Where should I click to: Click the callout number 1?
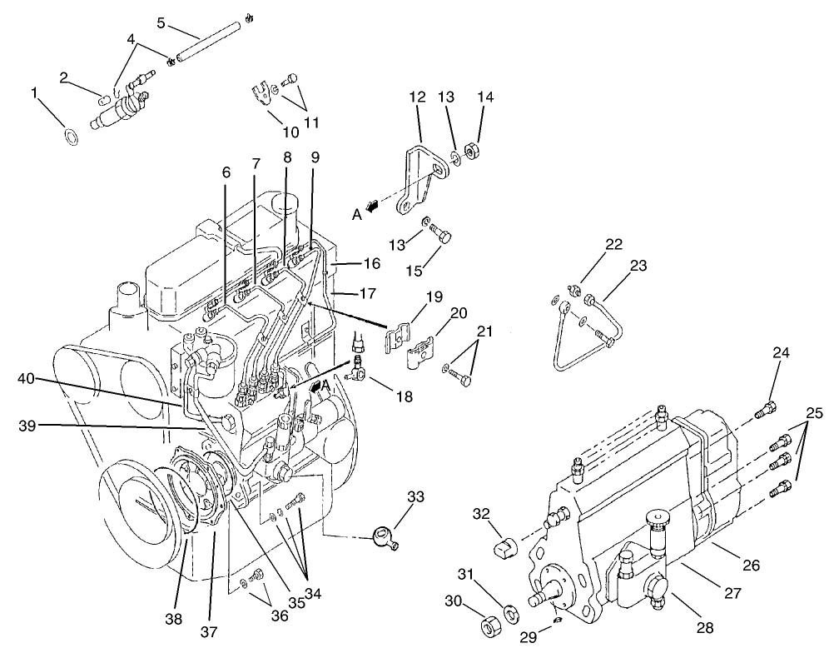pyautogui.click(x=35, y=93)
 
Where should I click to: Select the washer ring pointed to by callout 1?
pyautogui.click(x=72, y=133)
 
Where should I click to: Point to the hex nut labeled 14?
pyautogui.click(x=470, y=152)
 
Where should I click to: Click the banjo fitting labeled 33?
pyautogui.click(x=384, y=534)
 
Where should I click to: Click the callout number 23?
pyautogui.click(x=638, y=267)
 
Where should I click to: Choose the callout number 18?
pyautogui.click(x=405, y=397)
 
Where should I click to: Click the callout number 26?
pyautogui.click(x=751, y=565)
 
